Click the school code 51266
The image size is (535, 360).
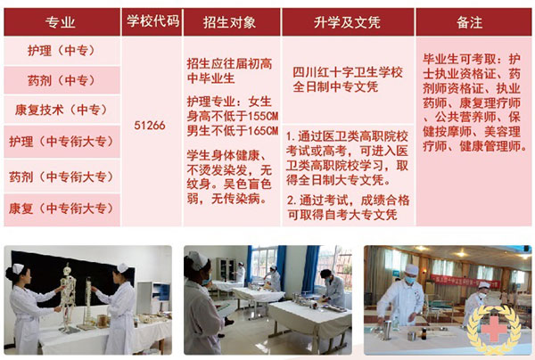(149, 125)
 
